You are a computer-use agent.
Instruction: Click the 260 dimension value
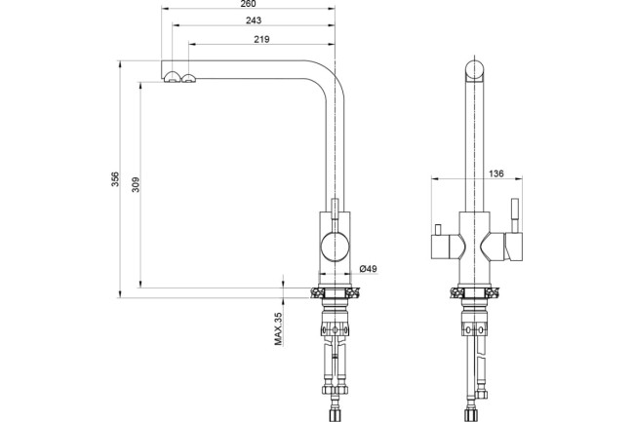point(248,4)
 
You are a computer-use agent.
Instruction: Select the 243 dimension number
point(254,20)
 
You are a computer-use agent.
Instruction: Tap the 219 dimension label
point(261,39)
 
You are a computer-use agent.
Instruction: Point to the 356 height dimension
point(116,179)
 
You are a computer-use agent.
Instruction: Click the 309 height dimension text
point(136,184)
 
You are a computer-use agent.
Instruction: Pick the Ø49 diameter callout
point(368,269)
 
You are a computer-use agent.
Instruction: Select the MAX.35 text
point(278,328)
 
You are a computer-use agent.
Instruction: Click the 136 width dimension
point(496,173)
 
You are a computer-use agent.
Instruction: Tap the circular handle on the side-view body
point(335,247)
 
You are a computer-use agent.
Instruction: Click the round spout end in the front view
point(475,71)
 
